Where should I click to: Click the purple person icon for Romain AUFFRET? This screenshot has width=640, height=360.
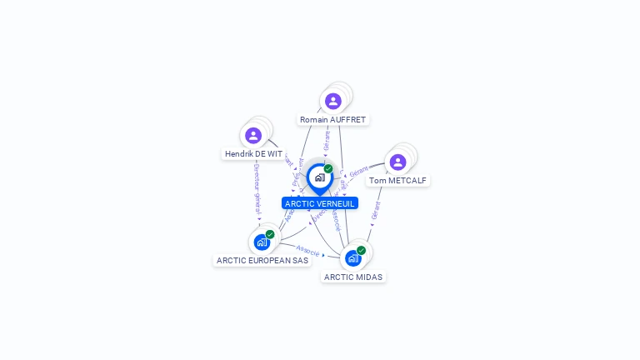[x=333, y=102]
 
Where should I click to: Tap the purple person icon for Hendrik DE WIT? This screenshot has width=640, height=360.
[x=253, y=136]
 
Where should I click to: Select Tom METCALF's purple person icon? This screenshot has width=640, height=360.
[x=397, y=162]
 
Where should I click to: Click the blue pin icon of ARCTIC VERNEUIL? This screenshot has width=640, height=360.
[x=319, y=177]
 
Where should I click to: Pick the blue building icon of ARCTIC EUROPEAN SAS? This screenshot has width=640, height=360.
[x=262, y=243]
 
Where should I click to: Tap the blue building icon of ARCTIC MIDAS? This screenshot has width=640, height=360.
[x=352, y=258]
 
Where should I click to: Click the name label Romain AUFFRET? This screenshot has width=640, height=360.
[x=333, y=120]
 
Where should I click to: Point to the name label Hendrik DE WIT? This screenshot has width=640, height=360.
[x=253, y=154]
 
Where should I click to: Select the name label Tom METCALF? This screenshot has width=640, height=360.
[x=398, y=180]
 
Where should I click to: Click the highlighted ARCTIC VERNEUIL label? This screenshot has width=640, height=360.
[x=320, y=203]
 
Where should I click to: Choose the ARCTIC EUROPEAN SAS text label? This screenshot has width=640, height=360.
[x=262, y=260]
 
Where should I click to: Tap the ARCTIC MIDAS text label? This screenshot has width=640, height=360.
[x=353, y=277]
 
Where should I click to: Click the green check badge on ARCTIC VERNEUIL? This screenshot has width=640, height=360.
[x=328, y=169]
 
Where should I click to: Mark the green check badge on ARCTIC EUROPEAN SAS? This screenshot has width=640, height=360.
[x=270, y=235]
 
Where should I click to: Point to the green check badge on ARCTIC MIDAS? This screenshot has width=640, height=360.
[x=361, y=250]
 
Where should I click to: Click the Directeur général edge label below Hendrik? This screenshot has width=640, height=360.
[x=257, y=188]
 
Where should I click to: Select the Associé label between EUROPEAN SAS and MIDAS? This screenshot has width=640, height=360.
[x=307, y=249]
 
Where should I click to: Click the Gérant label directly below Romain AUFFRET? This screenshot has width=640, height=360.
[x=327, y=141]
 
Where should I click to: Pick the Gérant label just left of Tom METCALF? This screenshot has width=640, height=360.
[x=358, y=172]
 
